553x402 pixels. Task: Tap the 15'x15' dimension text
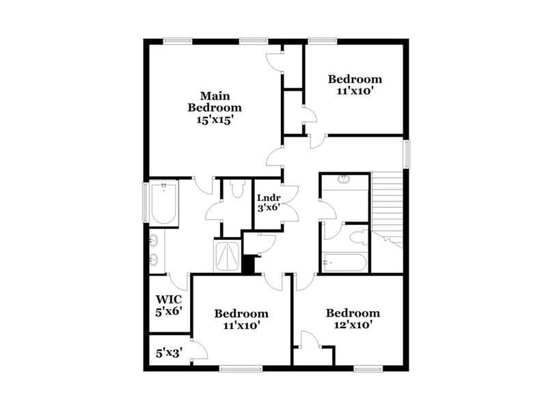(215, 118)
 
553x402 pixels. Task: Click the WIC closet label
(168, 305)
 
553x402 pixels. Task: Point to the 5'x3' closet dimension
(168, 354)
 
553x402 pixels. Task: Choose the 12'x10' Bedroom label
(353, 319)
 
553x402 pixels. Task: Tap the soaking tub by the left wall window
(164, 203)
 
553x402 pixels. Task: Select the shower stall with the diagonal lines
(227, 256)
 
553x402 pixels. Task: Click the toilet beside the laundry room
(237, 189)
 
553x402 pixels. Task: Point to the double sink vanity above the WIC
(155, 250)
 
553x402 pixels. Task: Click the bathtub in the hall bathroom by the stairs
(345, 263)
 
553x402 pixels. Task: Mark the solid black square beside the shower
(247, 264)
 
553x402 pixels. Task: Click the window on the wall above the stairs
(406, 154)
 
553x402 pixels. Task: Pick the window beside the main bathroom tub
(145, 202)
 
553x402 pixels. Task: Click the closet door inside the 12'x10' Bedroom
(310, 340)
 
